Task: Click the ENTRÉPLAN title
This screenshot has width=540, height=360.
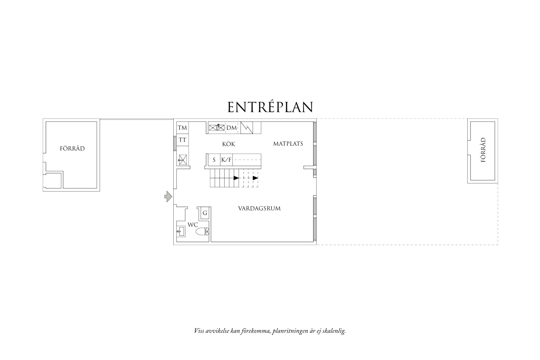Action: click(x=270, y=107)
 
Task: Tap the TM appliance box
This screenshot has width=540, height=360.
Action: click(x=182, y=128)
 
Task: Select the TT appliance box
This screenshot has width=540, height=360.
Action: click(x=182, y=140)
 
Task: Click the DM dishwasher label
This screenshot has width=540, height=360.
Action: click(x=231, y=128)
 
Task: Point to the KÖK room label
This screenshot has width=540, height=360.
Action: click(x=228, y=144)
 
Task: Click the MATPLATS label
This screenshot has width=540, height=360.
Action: click(x=288, y=144)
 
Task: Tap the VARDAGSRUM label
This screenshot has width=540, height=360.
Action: click(x=259, y=208)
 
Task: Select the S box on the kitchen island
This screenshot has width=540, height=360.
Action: click(x=214, y=160)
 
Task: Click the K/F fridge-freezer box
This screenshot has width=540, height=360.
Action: click(x=226, y=160)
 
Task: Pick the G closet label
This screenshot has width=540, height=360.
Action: click(x=205, y=213)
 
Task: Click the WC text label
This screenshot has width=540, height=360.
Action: click(x=193, y=225)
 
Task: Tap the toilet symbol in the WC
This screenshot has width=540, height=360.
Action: click(x=202, y=232)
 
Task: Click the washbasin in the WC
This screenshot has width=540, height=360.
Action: click(x=181, y=232)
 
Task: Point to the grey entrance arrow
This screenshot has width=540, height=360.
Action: click(x=168, y=197)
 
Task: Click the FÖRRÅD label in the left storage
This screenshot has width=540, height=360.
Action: click(x=72, y=149)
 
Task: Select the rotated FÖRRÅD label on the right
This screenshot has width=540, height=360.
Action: click(x=483, y=150)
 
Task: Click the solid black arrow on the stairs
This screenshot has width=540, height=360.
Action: click(x=236, y=178)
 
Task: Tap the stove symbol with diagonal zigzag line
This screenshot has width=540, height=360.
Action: click(x=247, y=128)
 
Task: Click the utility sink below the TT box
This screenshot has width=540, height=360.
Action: click(x=182, y=159)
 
